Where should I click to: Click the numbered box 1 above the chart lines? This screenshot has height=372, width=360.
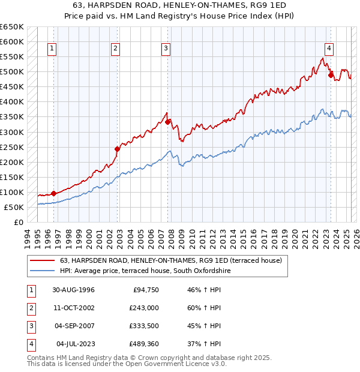tap(52, 49)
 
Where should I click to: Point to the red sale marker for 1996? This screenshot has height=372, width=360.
tap(54, 193)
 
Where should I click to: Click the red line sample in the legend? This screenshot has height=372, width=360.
tap(42, 260)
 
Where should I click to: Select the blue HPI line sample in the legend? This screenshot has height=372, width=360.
tap(42, 271)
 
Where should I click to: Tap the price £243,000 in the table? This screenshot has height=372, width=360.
tap(144, 308)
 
